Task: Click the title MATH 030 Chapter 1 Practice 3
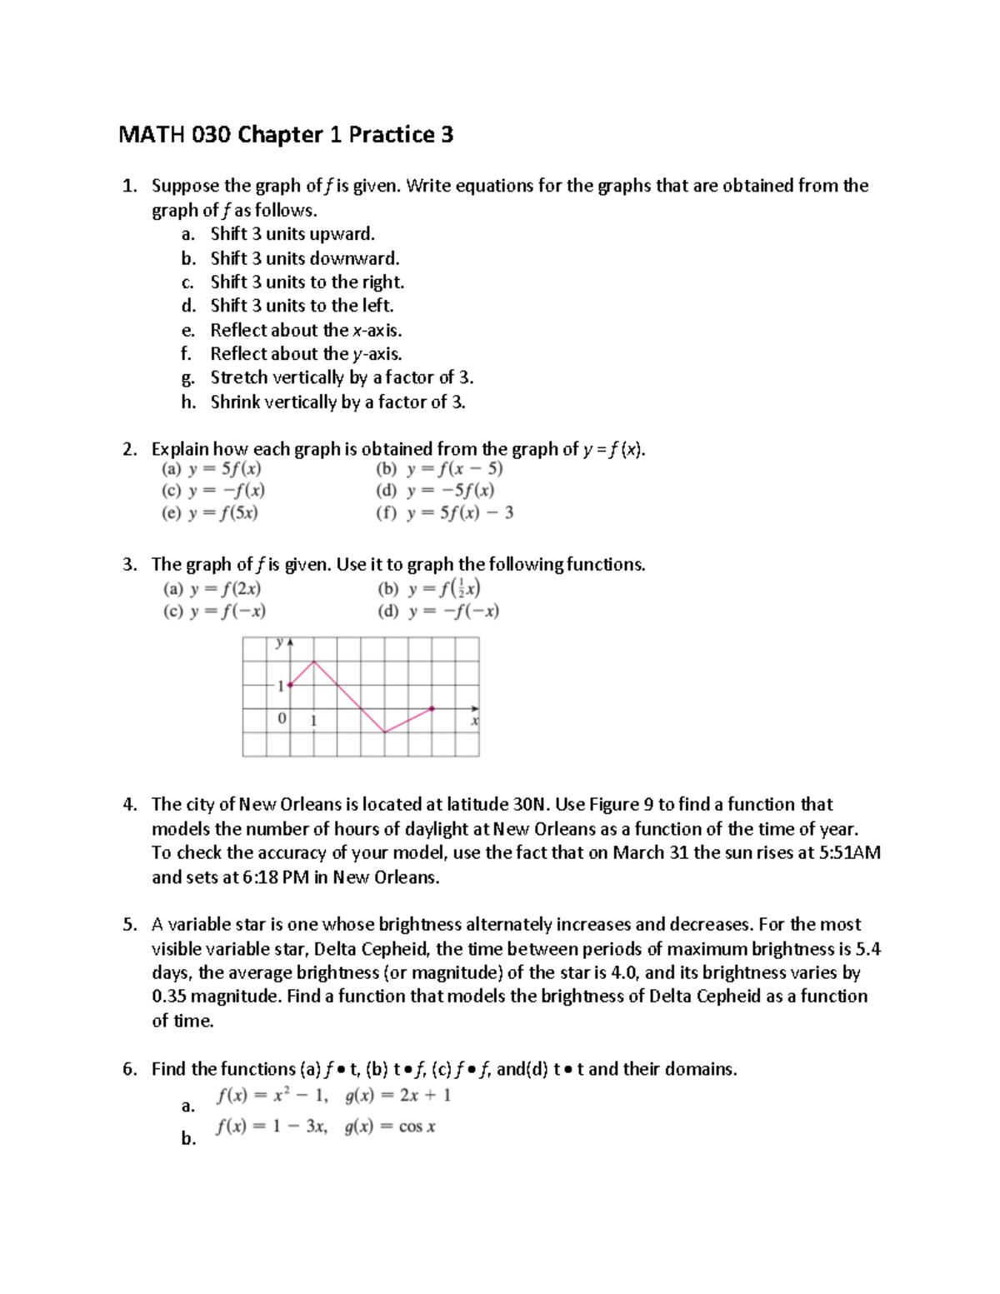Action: (286, 134)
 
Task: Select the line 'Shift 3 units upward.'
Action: (292, 234)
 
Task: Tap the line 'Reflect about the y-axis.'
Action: (306, 354)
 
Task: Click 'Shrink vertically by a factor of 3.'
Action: (337, 402)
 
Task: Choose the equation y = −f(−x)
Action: (453, 611)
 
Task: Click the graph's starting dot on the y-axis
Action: (289, 686)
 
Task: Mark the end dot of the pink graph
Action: (432, 709)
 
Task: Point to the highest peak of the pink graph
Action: (313, 662)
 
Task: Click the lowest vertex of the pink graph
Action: (385, 732)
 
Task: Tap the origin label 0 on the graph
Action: (282, 718)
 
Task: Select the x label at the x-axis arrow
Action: (474, 720)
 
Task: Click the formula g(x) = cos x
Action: (390, 1127)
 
